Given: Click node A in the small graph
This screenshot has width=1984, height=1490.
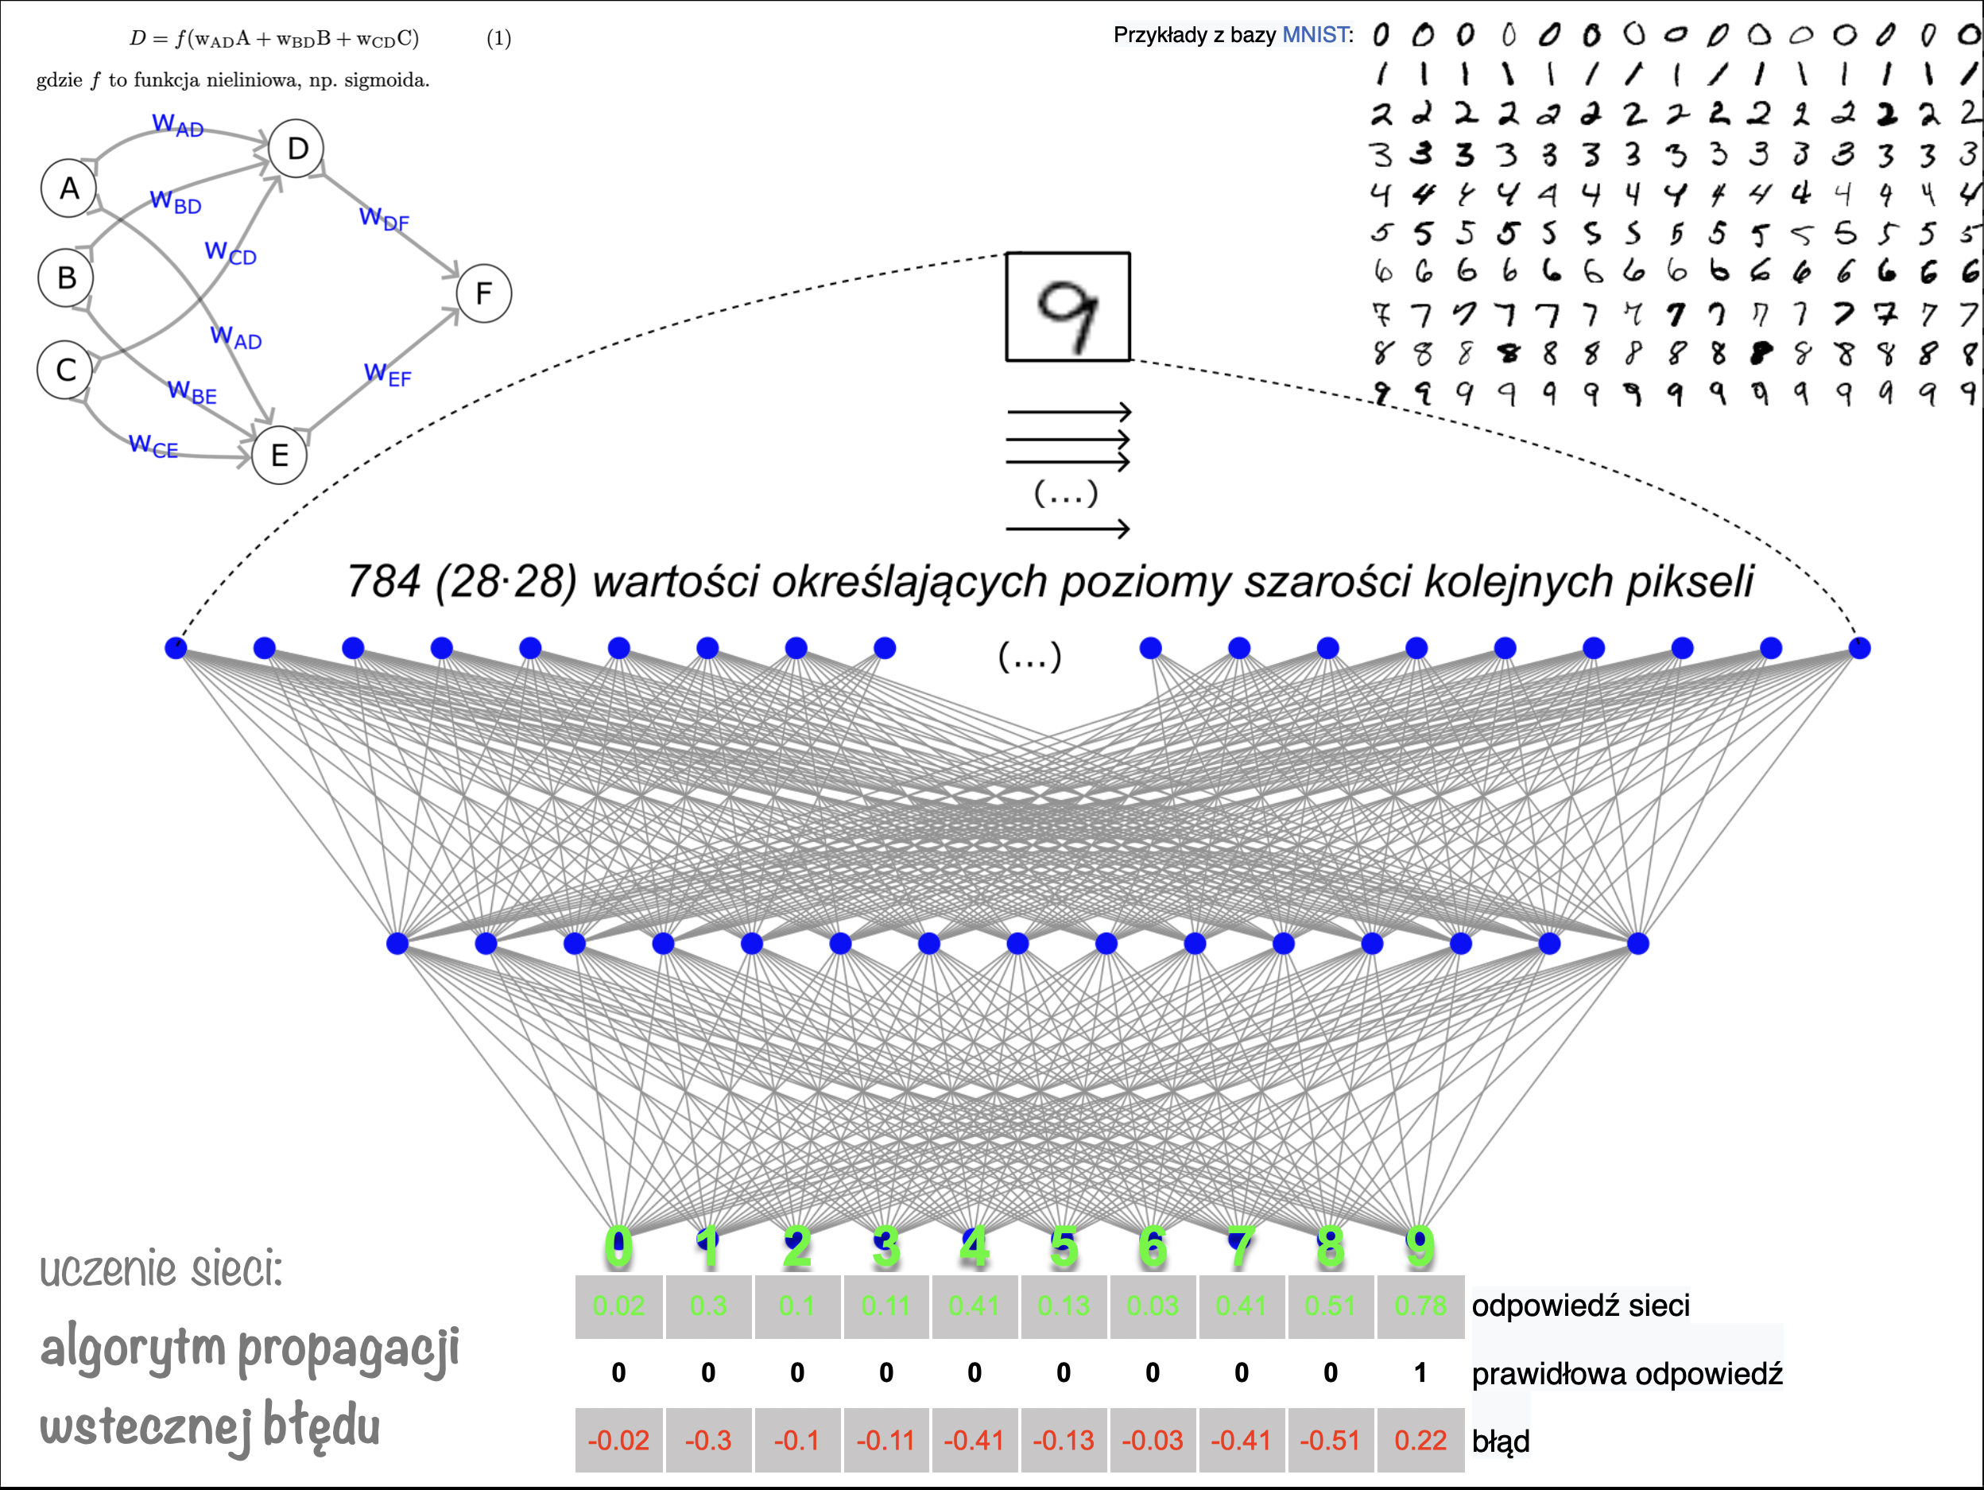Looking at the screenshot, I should point(69,188).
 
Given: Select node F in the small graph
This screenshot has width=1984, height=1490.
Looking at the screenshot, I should point(483,293).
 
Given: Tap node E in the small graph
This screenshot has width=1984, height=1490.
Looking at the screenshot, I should point(279,456).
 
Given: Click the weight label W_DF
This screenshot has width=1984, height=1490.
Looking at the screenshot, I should point(384,218).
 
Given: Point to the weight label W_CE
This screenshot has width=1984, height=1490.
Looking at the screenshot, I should point(153,445).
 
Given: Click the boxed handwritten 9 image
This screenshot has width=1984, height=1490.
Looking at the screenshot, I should point(1068,307).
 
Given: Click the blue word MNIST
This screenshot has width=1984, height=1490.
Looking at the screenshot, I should point(1315,35).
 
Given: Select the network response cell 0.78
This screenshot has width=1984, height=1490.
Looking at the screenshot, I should point(1420,1306).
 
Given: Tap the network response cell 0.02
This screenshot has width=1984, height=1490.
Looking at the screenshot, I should point(618,1306).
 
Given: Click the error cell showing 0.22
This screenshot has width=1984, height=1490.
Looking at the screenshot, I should point(1420,1441).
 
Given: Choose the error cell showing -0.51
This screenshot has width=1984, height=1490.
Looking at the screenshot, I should point(1330,1441).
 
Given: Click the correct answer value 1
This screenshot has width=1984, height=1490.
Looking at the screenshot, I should point(1420,1372).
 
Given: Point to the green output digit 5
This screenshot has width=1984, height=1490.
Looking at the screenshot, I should point(1063,1247).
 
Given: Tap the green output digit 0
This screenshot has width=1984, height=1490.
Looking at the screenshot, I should point(618,1247).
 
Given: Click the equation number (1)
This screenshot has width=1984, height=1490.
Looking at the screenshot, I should point(498,39).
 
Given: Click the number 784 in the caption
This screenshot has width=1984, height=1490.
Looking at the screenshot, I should point(383,581).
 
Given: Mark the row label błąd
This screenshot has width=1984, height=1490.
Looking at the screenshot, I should point(1501,1441).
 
